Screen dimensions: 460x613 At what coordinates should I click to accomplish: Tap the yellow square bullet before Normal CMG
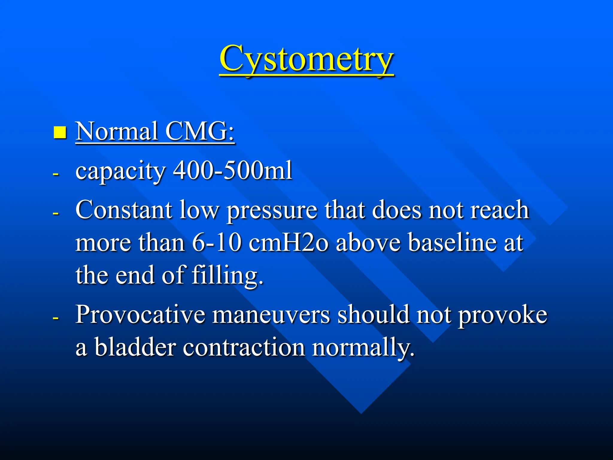tap(60, 132)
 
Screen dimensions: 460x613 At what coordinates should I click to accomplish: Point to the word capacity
tap(120, 171)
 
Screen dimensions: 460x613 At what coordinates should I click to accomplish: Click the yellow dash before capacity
tap(55, 174)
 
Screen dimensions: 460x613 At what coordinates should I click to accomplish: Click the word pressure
tap(271, 211)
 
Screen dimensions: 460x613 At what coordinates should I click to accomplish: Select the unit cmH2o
tap(288, 242)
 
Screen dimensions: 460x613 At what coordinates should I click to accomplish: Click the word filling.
tap(227, 276)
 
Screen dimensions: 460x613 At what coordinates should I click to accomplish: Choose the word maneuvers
tap(271, 315)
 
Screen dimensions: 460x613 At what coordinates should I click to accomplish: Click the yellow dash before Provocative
tap(55, 318)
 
